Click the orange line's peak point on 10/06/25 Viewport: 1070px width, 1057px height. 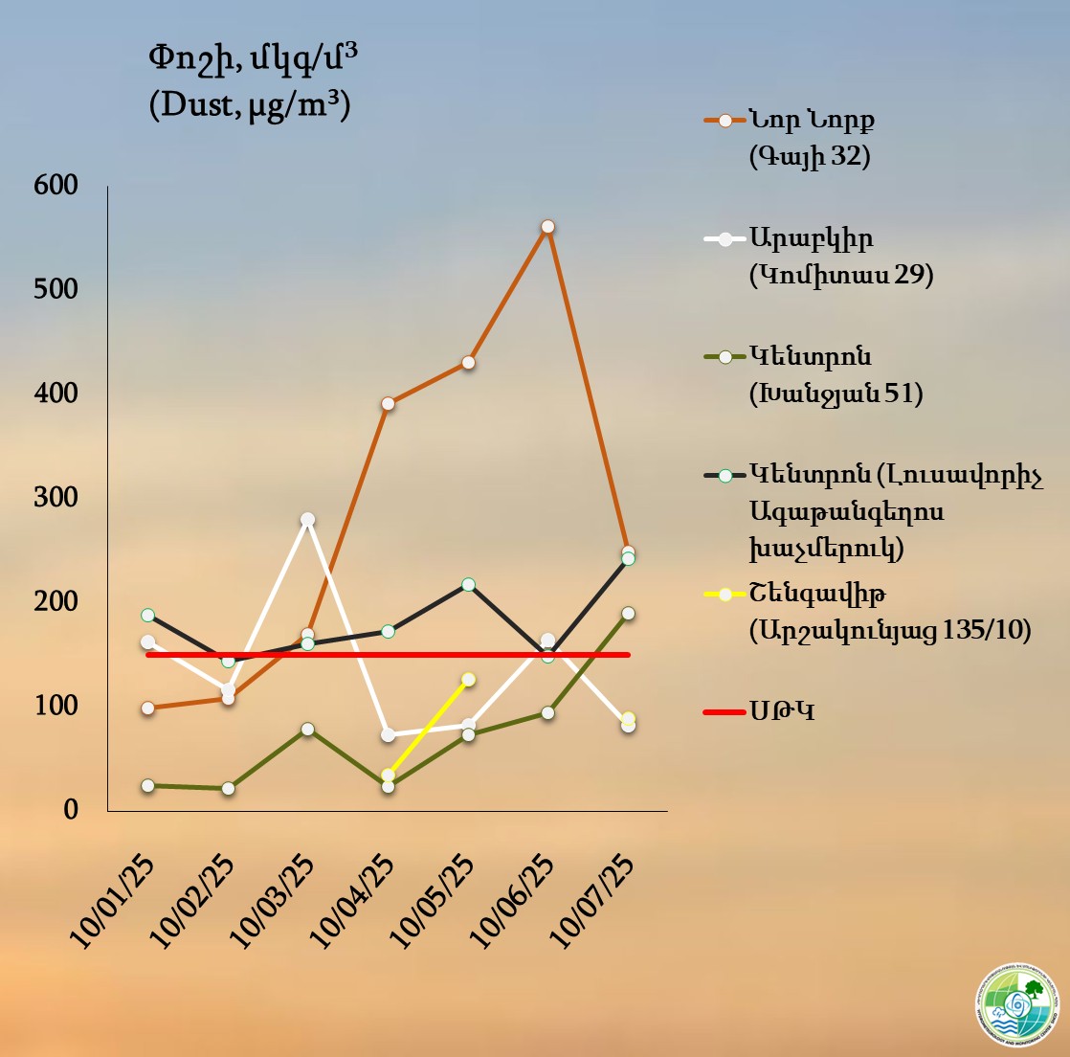[x=547, y=227]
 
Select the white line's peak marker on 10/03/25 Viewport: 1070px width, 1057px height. [x=308, y=520]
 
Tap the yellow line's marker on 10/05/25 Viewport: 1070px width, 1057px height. [x=469, y=680]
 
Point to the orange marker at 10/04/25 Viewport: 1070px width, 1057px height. [x=388, y=404]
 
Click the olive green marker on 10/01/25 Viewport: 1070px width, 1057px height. [x=148, y=786]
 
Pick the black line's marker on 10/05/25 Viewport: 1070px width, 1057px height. [x=469, y=585]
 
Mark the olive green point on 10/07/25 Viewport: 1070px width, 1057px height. [x=628, y=614]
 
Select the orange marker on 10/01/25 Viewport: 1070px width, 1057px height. [x=148, y=708]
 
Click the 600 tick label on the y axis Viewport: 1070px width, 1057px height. [x=56, y=185]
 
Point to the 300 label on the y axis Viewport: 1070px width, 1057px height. [x=56, y=498]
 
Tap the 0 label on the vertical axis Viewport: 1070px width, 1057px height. [x=70, y=810]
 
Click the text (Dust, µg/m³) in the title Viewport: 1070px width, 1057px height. [x=250, y=102]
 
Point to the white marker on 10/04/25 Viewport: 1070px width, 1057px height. [x=388, y=735]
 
